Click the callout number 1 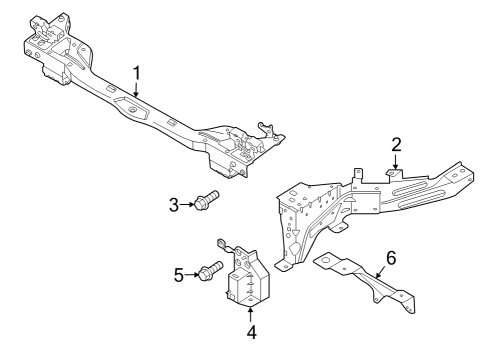tap(136, 72)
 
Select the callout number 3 tap(173, 205)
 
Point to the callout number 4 tap(252, 333)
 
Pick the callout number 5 tap(179, 274)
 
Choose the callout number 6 tap(391, 258)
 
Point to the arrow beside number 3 tap(188, 204)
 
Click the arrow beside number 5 tap(193, 273)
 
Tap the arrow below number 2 tap(396, 163)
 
